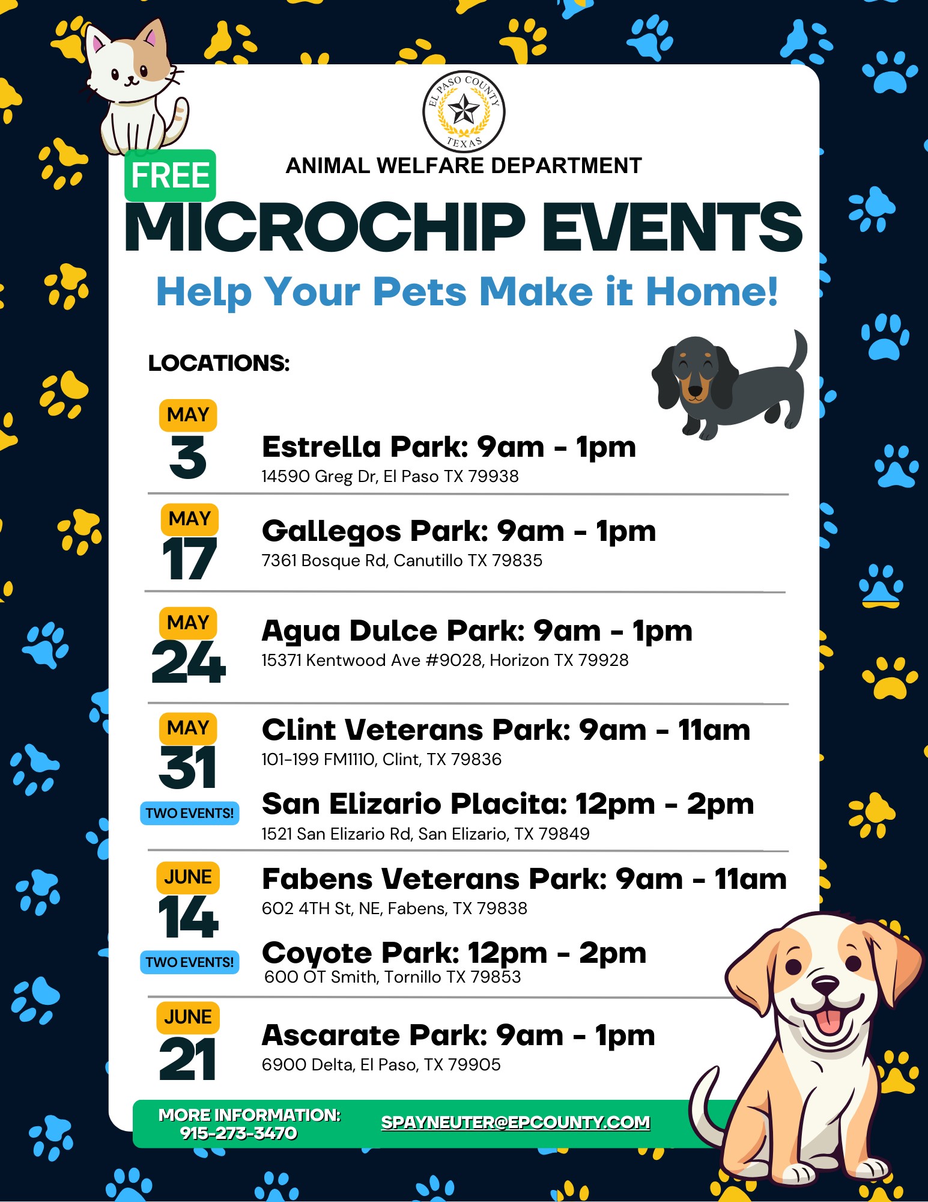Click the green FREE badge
[170, 175]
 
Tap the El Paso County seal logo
[464, 112]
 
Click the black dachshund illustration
[729, 384]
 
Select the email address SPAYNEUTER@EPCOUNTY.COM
[515, 1122]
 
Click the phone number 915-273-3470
[238, 1133]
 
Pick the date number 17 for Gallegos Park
[189, 558]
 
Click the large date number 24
[189, 662]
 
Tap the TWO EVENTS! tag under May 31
[189, 813]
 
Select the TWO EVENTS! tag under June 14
[189, 962]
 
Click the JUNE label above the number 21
[188, 1017]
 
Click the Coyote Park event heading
[454, 953]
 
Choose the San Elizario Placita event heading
[508, 804]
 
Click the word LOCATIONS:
[219, 363]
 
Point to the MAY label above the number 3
[188, 415]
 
